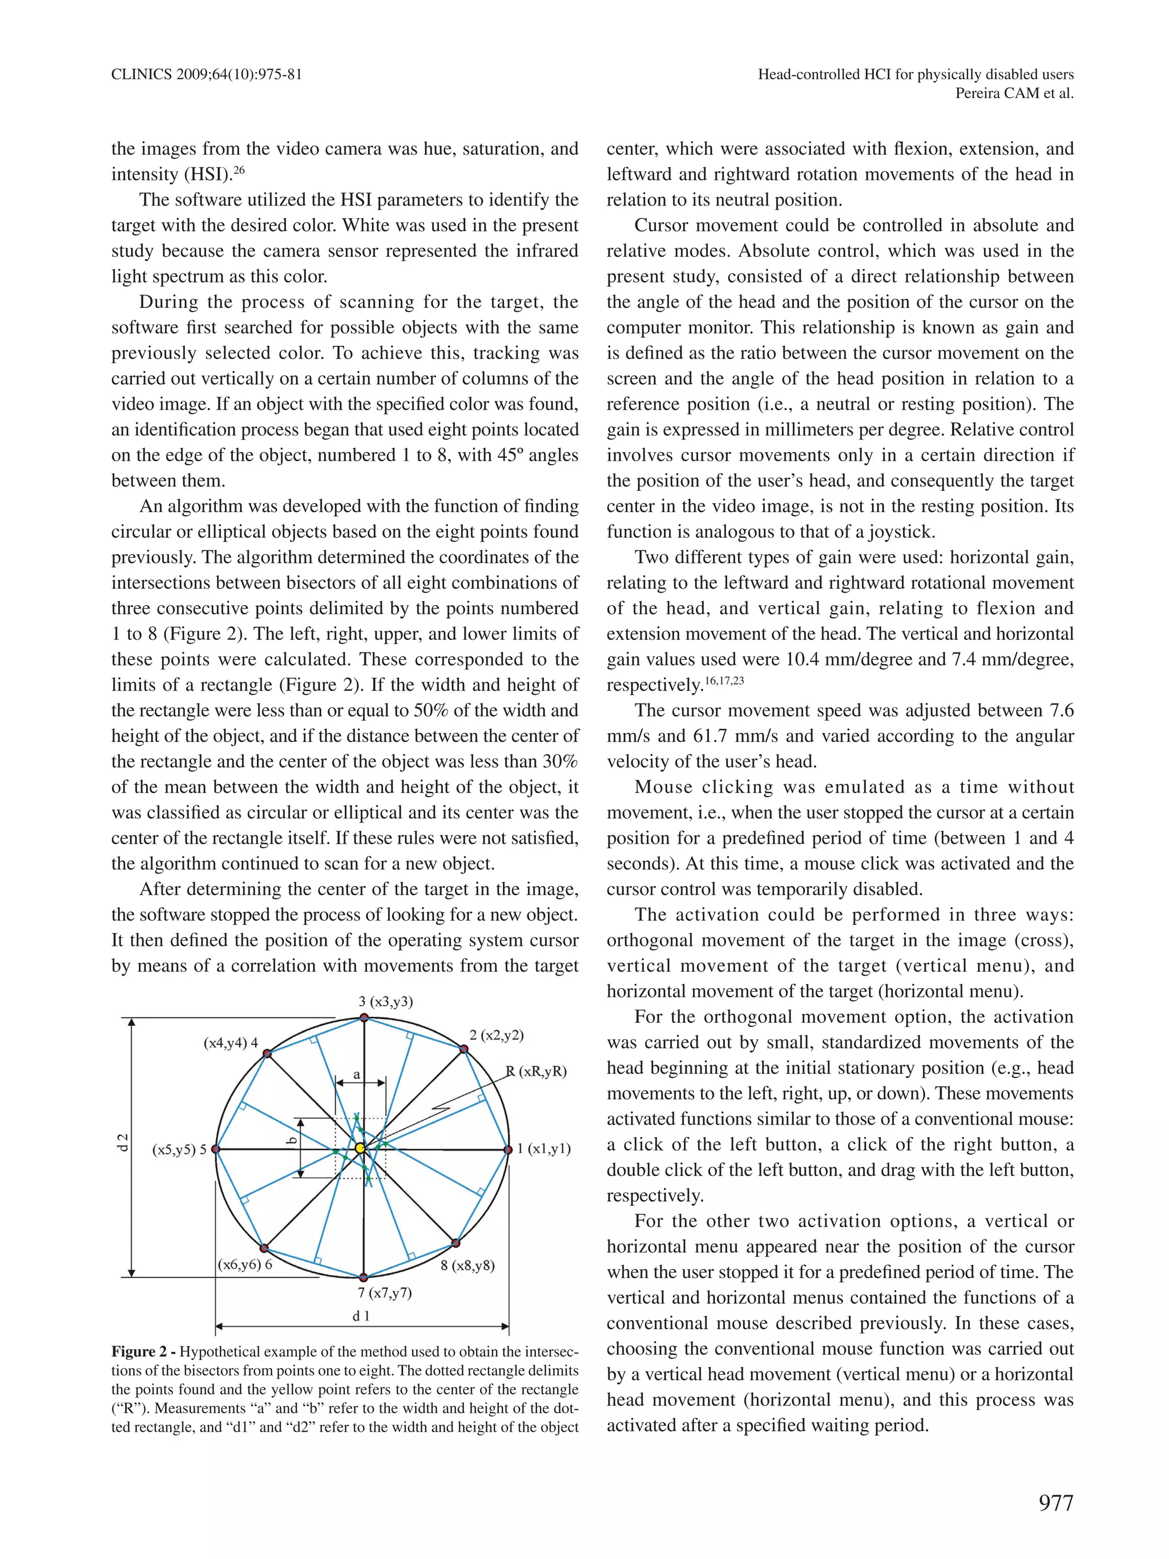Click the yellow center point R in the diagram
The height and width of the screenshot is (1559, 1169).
click(x=360, y=1148)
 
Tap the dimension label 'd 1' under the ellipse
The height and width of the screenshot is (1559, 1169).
click(x=361, y=1315)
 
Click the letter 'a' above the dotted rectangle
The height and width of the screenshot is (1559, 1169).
click(x=357, y=1075)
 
